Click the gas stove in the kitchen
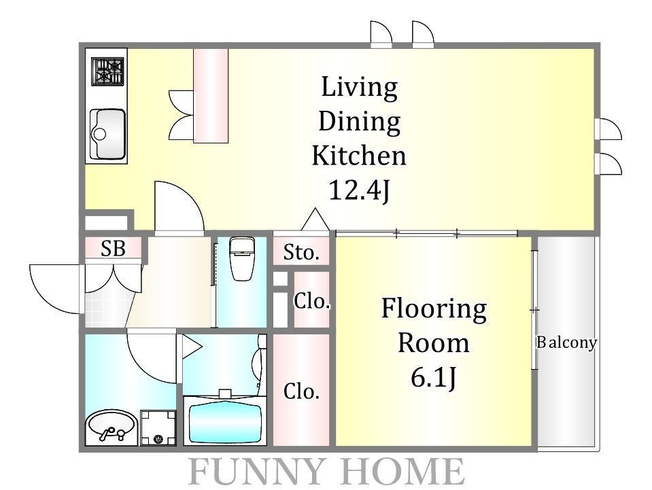(x=107, y=71)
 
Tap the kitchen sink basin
(x=107, y=134)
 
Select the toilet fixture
(x=242, y=258)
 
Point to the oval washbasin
(x=111, y=427)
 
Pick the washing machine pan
(x=158, y=427)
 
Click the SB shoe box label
(x=113, y=249)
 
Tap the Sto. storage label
(x=301, y=252)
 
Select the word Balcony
(x=566, y=343)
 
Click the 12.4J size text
(x=360, y=191)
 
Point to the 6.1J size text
(x=434, y=378)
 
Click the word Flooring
(x=434, y=309)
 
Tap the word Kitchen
(x=359, y=156)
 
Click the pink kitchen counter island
(x=211, y=96)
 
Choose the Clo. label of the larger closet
(x=301, y=391)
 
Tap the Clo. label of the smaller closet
(x=312, y=301)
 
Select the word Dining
(x=360, y=122)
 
